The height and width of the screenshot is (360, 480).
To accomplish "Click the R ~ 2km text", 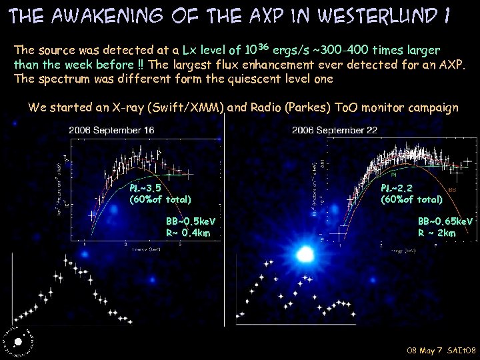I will coord(437,233).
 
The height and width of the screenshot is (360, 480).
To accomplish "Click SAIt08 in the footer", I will coord(461,350).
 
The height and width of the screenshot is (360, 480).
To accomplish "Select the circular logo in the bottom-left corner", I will coord(17,341).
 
